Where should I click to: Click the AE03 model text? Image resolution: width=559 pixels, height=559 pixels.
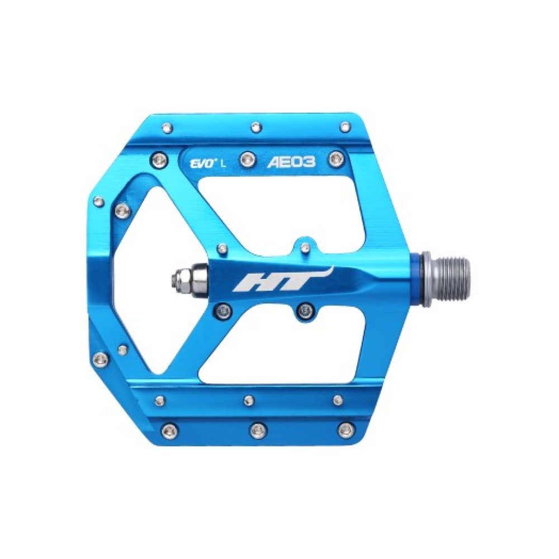[x=291, y=162]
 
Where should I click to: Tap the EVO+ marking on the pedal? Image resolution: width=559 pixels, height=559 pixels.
[x=201, y=164]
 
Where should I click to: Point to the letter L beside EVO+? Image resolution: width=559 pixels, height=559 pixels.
[x=223, y=164]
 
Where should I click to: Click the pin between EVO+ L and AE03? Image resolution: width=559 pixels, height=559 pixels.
[x=247, y=158]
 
